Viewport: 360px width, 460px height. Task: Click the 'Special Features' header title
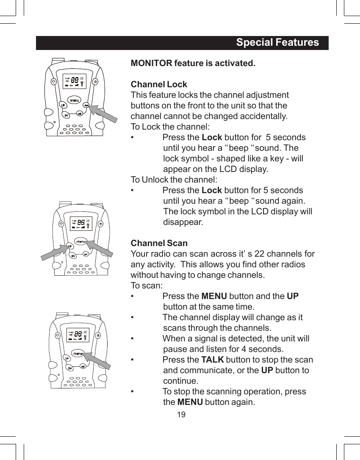click(277, 43)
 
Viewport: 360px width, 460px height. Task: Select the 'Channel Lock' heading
click(159, 84)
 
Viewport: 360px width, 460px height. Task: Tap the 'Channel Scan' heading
click(159, 244)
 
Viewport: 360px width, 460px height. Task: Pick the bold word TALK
click(213, 360)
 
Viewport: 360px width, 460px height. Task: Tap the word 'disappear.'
click(183, 222)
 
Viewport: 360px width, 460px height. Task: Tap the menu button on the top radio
click(75, 100)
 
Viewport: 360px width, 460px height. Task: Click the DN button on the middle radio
click(73, 255)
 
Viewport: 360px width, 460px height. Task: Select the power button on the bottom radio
click(98, 335)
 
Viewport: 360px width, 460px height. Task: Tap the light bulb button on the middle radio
click(61, 224)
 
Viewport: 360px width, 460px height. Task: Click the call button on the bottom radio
click(83, 366)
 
